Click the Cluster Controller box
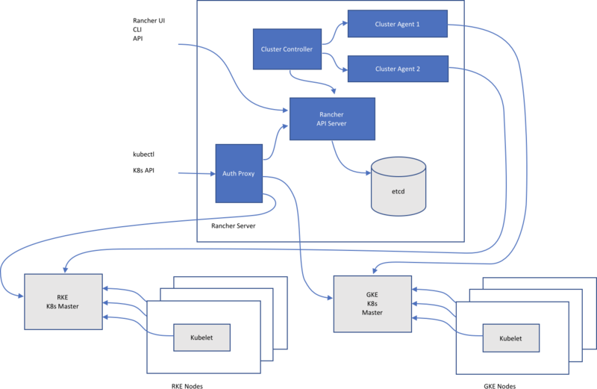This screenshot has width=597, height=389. (287, 49)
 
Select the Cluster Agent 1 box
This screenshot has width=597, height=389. (397, 24)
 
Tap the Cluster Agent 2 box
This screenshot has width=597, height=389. (397, 69)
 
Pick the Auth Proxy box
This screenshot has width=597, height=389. (238, 173)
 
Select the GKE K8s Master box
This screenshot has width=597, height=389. (372, 305)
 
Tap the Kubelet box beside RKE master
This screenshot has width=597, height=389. (201, 337)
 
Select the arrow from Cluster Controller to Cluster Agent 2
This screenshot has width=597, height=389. (334, 63)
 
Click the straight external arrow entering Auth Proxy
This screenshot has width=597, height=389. (196, 174)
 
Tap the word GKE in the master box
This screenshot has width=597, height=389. (372, 295)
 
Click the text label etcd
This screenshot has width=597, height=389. (398, 192)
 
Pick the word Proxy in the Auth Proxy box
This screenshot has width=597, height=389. (246, 173)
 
